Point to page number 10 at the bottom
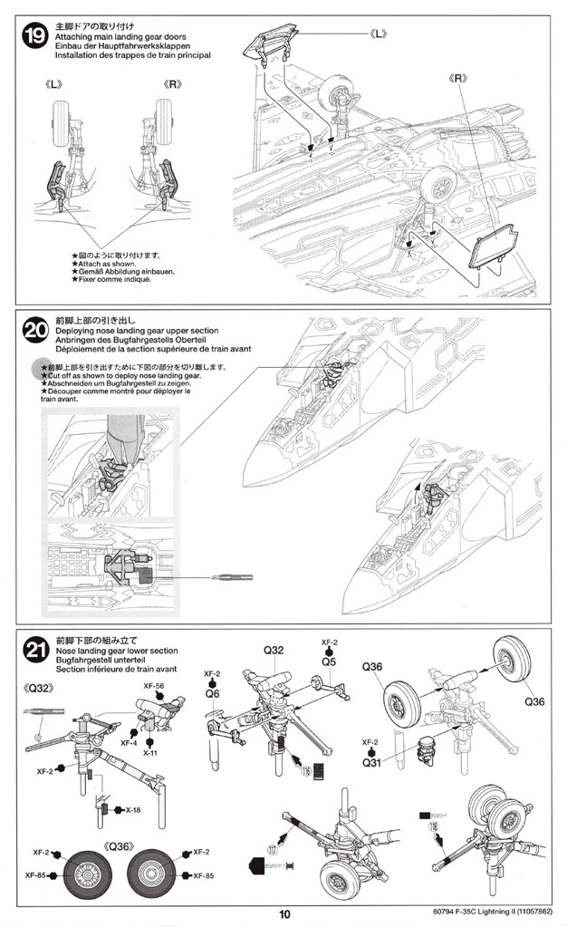click(x=284, y=914)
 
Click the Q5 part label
click(x=330, y=662)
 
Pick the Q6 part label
click(x=213, y=693)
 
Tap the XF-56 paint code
click(x=152, y=686)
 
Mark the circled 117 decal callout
click(x=274, y=849)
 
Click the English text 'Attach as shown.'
click(x=103, y=263)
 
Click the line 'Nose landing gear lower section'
click(x=116, y=651)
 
